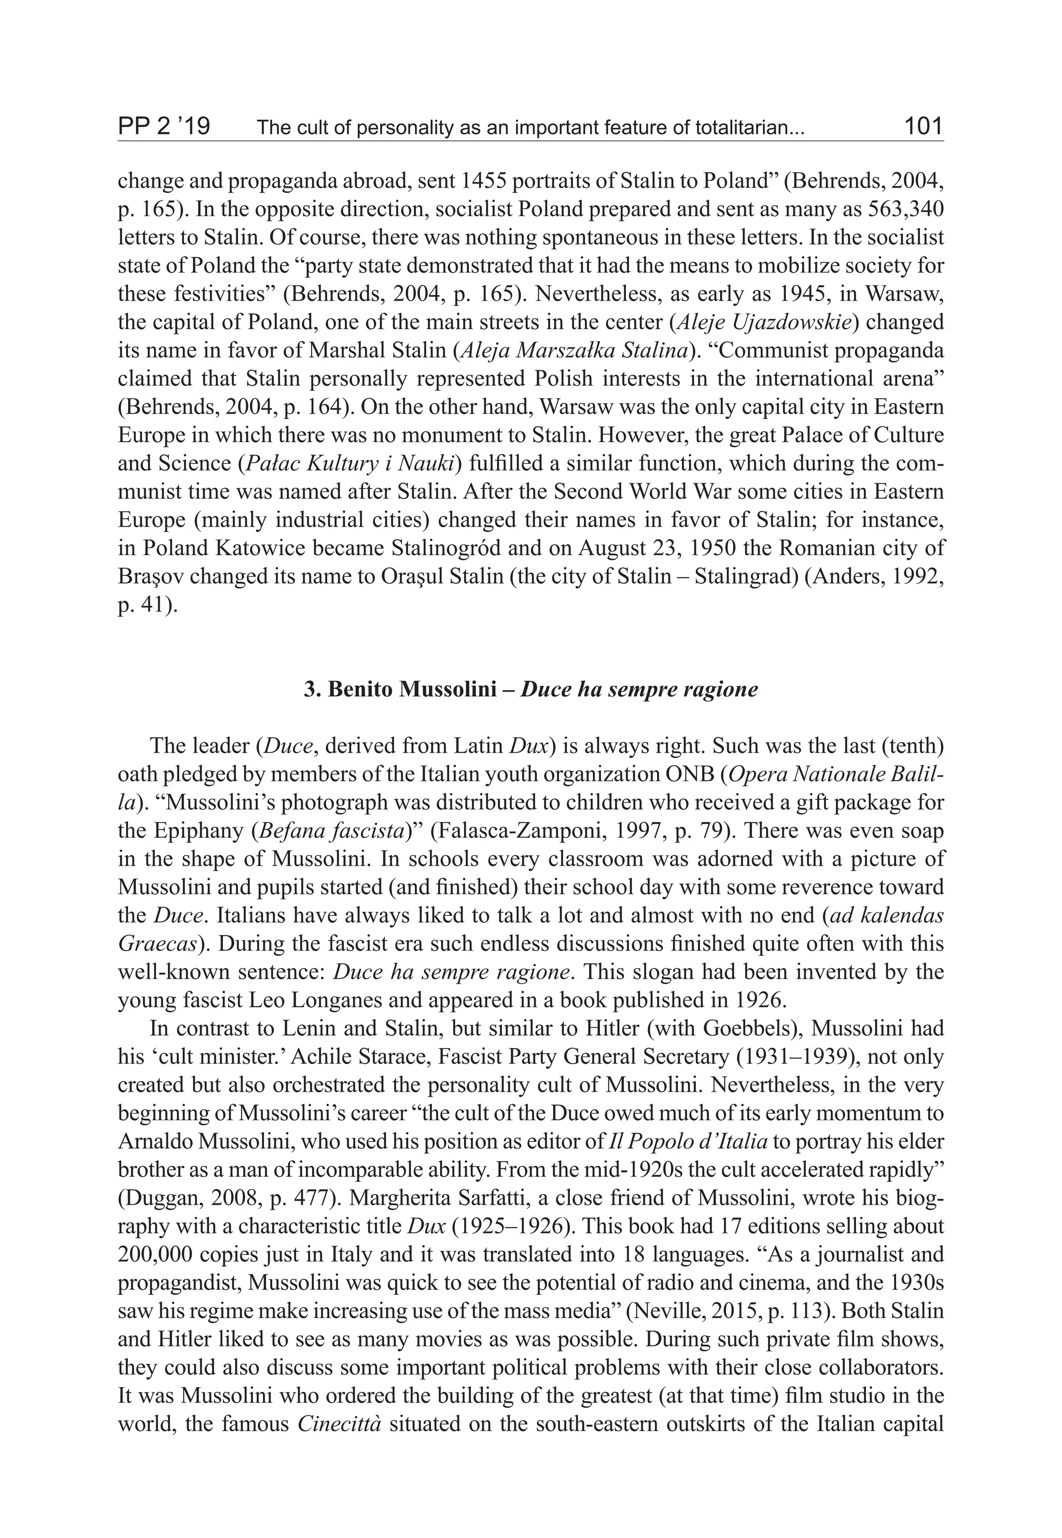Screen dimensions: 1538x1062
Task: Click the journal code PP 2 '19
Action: tap(164, 126)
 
